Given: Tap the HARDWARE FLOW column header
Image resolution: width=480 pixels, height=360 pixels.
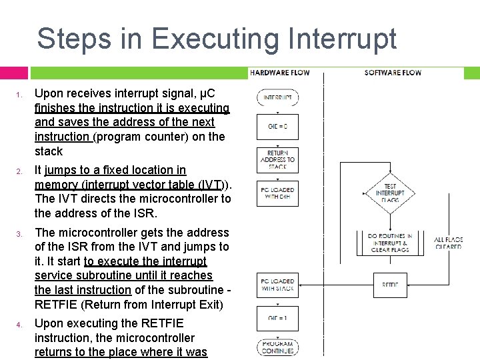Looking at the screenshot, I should coord(278,72).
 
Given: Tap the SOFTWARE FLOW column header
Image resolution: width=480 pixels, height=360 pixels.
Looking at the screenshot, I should coord(393,72).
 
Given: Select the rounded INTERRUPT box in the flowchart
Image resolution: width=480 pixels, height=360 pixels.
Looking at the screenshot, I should coord(277,97).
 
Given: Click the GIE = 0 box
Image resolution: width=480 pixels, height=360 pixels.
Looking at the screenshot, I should coord(277,126).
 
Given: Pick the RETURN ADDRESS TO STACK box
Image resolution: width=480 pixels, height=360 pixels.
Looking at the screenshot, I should coord(277,160).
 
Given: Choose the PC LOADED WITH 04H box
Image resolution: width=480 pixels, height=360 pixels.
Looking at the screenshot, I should coord(277,193).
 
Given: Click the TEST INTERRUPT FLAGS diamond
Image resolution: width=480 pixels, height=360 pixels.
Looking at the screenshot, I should coord(390,193).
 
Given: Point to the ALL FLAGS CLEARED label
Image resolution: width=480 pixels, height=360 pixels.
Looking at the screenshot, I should coord(447,243).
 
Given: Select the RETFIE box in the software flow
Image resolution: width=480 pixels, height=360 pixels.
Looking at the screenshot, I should coord(390,285).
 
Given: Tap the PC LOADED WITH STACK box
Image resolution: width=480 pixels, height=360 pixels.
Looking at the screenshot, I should coord(277,285).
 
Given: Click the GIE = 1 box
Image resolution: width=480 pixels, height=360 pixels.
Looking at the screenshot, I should coord(277,318).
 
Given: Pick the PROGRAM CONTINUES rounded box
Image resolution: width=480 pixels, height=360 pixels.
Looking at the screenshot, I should coord(277,347).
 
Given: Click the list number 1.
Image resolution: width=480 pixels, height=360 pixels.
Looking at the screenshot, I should coord(21,94).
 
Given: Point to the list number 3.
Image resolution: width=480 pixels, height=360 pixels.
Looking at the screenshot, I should coord(21,234).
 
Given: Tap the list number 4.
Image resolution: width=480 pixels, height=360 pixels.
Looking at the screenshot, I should coord(21,325).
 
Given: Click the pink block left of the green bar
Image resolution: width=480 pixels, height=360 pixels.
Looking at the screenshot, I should coord(14,73).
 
